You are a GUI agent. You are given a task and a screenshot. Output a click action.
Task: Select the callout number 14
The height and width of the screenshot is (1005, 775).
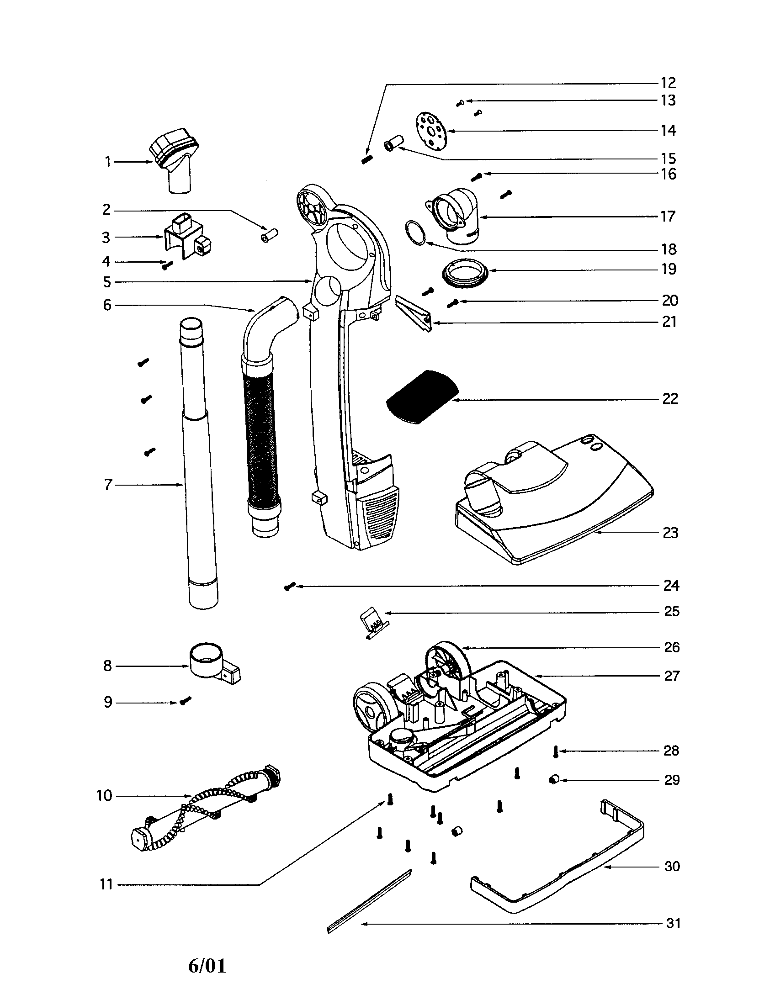tap(668, 131)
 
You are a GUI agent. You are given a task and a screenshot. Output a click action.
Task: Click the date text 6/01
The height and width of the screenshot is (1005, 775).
tap(207, 965)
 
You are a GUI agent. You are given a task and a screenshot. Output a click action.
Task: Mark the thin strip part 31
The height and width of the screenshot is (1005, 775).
tap(368, 902)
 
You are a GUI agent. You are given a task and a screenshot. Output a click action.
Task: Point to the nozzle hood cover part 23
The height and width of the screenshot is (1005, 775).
tap(552, 502)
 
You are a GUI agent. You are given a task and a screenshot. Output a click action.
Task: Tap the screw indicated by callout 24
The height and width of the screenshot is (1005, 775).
tap(289, 586)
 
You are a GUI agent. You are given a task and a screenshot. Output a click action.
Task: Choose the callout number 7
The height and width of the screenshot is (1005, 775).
tap(108, 485)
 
